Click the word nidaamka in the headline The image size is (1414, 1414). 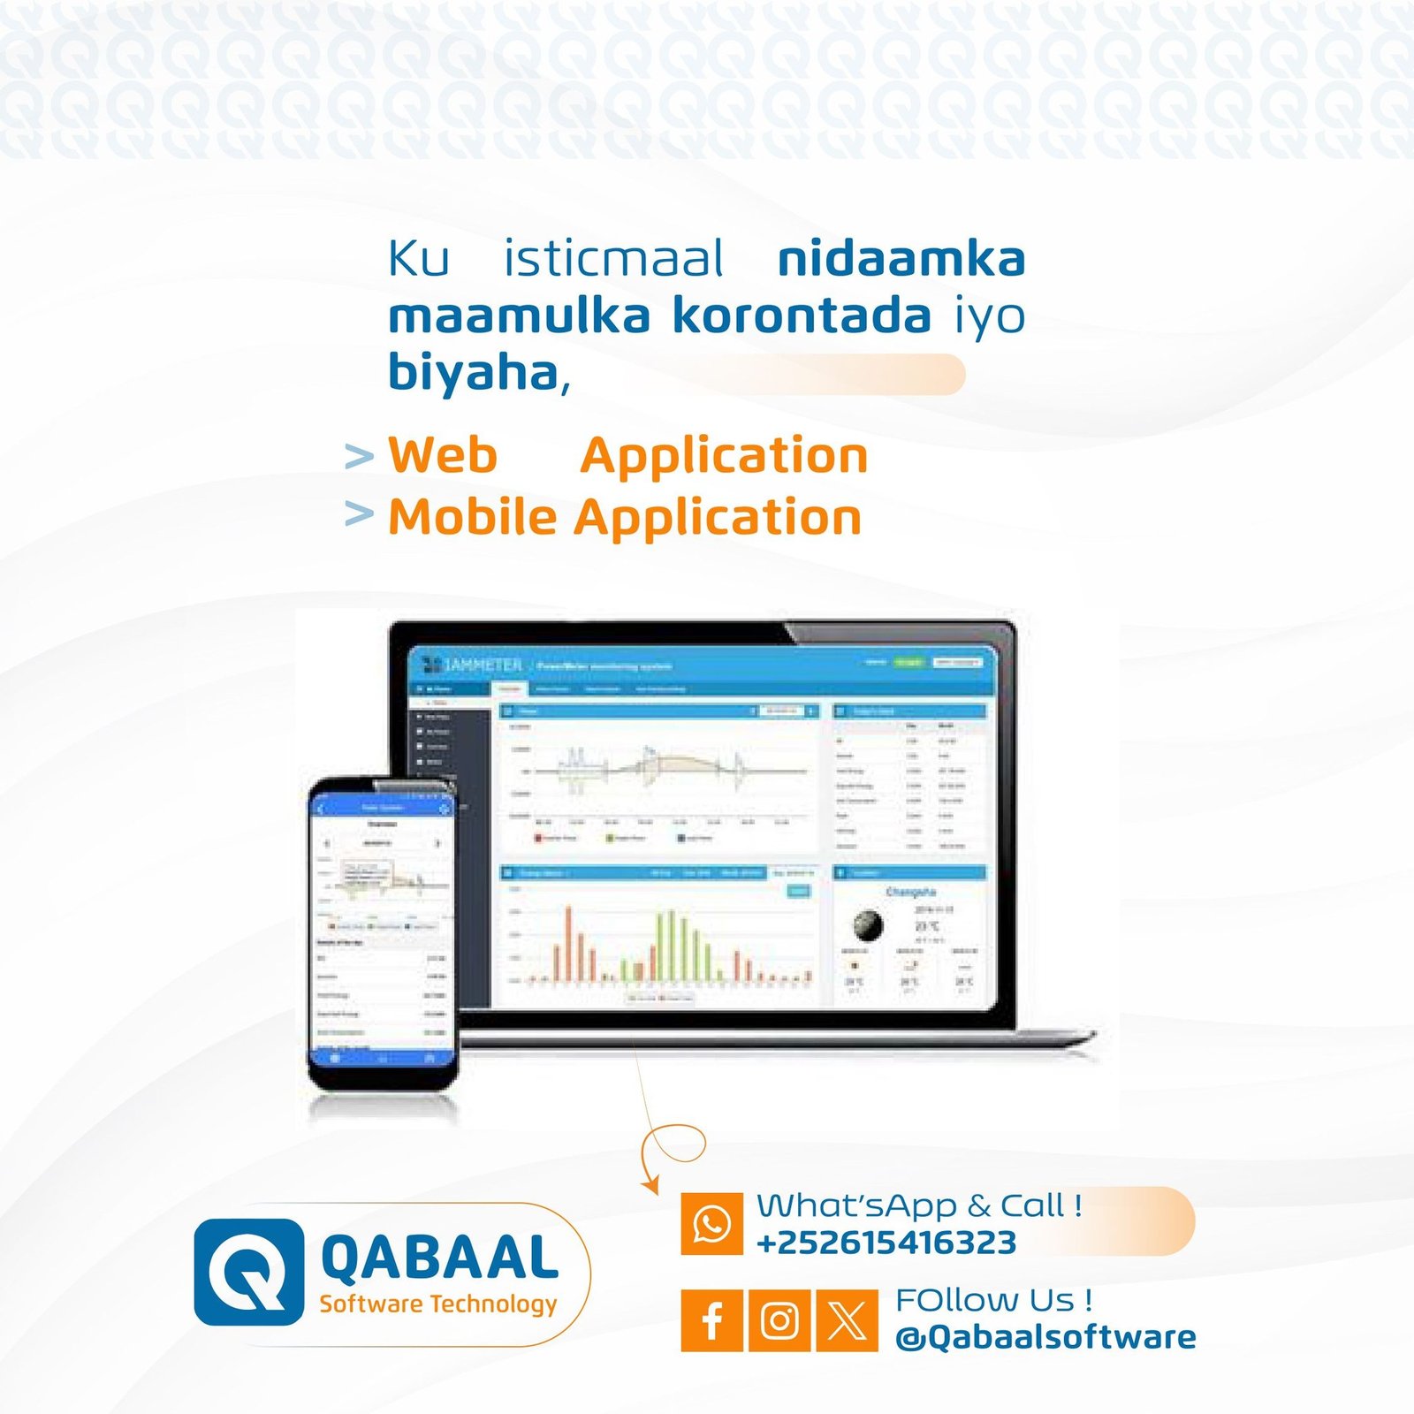click(901, 259)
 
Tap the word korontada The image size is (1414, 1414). click(802, 315)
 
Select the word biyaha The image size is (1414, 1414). click(474, 372)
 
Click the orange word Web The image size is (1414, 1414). click(443, 455)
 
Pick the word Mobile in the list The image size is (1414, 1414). click(473, 517)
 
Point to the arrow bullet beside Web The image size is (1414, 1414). click(359, 457)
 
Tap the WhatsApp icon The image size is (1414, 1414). click(711, 1224)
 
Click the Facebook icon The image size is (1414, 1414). click(711, 1320)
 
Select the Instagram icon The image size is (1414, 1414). click(779, 1320)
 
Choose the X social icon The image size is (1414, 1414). click(847, 1320)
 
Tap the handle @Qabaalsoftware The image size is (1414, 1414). click(1045, 1337)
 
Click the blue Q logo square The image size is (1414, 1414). click(248, 1272)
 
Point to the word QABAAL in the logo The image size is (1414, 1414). click(439, 1258)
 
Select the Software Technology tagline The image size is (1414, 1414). click(438, 1304)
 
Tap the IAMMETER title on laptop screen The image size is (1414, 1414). click(482, 665)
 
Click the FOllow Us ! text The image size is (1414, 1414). click(993, 1300)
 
